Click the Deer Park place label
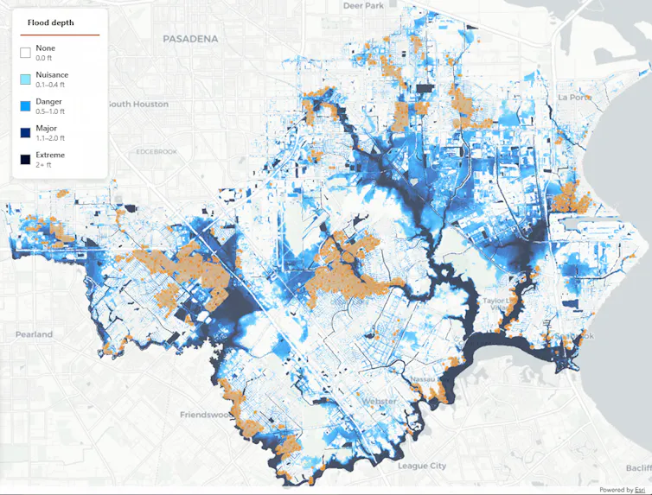click(x=364, y=5)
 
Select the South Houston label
click(x=137, y=104)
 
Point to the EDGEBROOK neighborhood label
click(x=157, y=152)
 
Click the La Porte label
click(x=574, y=98)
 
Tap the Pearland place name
click(x=34, y=333)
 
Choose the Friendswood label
click(x=206, y=415)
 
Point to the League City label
click(x=422, y=466)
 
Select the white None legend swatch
click(x=26, y=52)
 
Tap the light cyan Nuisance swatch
click(x=26, y=79)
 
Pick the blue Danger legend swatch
click(x=26, y=105)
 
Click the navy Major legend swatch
click(x=26, y=132)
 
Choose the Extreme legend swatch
click(x=26, y=159)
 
